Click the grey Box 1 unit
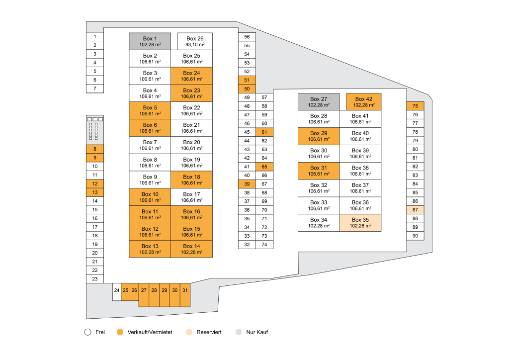(150, 41)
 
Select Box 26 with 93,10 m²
(195, 41)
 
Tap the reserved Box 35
(360, 223)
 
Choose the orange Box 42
(363, 101)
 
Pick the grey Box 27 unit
(319, 101)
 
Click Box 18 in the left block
(191, 180)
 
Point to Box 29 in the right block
(319, 136)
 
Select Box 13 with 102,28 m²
(150, 249)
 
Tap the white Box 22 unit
(191, 110)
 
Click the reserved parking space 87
(415, 210)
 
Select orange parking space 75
(415, 106)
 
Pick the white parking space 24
(116, 290)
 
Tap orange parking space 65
(264, 167)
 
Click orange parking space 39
(247, 184)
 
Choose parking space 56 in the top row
(247, 37)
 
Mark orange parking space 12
(94, 183)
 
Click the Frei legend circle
(87, 332)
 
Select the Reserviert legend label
(209, 332)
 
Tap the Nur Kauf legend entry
(257, 332)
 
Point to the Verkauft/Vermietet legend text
(150, 332)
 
